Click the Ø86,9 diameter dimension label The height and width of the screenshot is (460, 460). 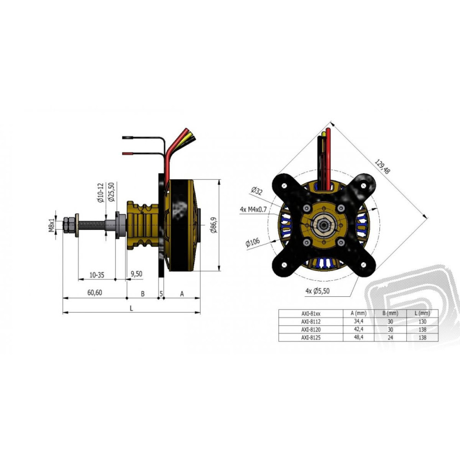pyautogui.click(x=214, y=225)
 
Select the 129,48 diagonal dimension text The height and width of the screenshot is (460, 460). pyautogui.click(x=382, y=167)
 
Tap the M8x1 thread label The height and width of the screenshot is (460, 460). pyautogui.click(x=52, y=225)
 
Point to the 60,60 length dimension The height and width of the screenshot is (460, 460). pyautogui.click(x=95, y=293)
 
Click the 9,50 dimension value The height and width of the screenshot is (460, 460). pyautogui.click(x=137, y=274)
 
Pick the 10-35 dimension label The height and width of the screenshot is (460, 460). pyautogui.click(x=97, y=275)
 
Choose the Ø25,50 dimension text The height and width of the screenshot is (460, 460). pyautogui.click(x=111, y=192)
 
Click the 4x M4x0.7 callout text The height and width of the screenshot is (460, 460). pyautogui.click(x=253, y=209)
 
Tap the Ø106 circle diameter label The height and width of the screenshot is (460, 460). pyautogui.click(x=253, y=242)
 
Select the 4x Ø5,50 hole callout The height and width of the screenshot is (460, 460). pyautogui.click(x=317, y=291)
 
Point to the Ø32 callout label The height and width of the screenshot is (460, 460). pyautogui.click(x=257, y=191)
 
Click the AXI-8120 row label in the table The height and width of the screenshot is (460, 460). pyautogui.click(x=310, y=329)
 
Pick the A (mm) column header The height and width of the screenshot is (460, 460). pyautogui.click(x=358, y=313)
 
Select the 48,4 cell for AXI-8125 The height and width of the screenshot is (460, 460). pyautogui.click(x=358, y=337)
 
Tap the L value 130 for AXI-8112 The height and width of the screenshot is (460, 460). pyautogui.click(x=422, y=322)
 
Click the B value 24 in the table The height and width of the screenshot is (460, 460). pyautogui.click(x=390, y=337)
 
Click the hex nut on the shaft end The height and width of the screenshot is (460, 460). pyautogui.click(x=66, y=225)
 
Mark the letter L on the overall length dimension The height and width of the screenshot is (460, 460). pyautogui.click(x=132, y=308)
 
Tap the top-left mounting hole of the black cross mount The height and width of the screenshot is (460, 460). pyautogui.click(x=284, y=186)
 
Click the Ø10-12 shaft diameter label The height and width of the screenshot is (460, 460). pyautogui.click(x=101, y=193)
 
